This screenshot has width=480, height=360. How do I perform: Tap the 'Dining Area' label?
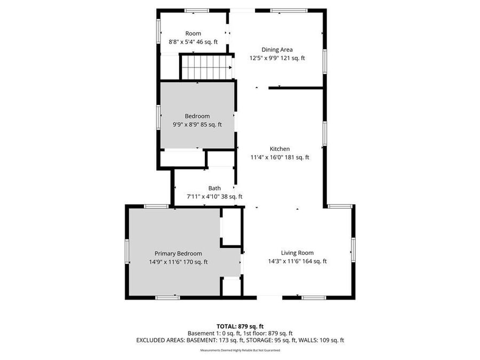tap(277, 50)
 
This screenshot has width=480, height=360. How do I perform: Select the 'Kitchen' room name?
tap(279, 149)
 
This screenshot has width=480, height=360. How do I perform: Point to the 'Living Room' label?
tap(297, 253)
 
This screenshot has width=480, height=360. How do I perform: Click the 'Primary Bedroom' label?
tap(178, 253)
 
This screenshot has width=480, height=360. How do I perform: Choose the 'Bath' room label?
tap(214, 188)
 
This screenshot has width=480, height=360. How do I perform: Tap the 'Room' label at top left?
tap(193, 33)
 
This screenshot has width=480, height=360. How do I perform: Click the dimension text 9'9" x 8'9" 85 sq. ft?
tap(197, 125)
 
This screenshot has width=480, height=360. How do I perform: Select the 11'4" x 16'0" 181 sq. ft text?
tap(279, 157)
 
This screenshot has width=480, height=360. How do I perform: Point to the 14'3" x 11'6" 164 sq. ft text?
tap(297, 261)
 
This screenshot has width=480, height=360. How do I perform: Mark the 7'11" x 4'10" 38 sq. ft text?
tap(214, 196)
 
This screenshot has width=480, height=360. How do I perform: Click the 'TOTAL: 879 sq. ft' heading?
tap(240, 326)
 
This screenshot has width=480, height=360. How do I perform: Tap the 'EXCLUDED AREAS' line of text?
tap(240, 340)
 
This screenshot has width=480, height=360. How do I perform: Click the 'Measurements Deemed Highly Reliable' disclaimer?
tap(240, 350)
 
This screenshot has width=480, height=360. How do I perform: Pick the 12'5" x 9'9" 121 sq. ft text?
tap(277, 58)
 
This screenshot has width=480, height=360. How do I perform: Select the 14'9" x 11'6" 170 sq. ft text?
tap(178, 262)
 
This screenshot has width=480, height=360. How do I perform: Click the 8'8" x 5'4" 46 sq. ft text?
tap(193, 42)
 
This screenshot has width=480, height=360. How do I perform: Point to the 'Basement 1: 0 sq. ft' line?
tap(240, 333)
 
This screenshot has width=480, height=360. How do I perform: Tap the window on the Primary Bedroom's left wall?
tap(127, 251)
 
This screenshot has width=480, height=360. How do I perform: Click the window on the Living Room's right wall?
tap(353, 250)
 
